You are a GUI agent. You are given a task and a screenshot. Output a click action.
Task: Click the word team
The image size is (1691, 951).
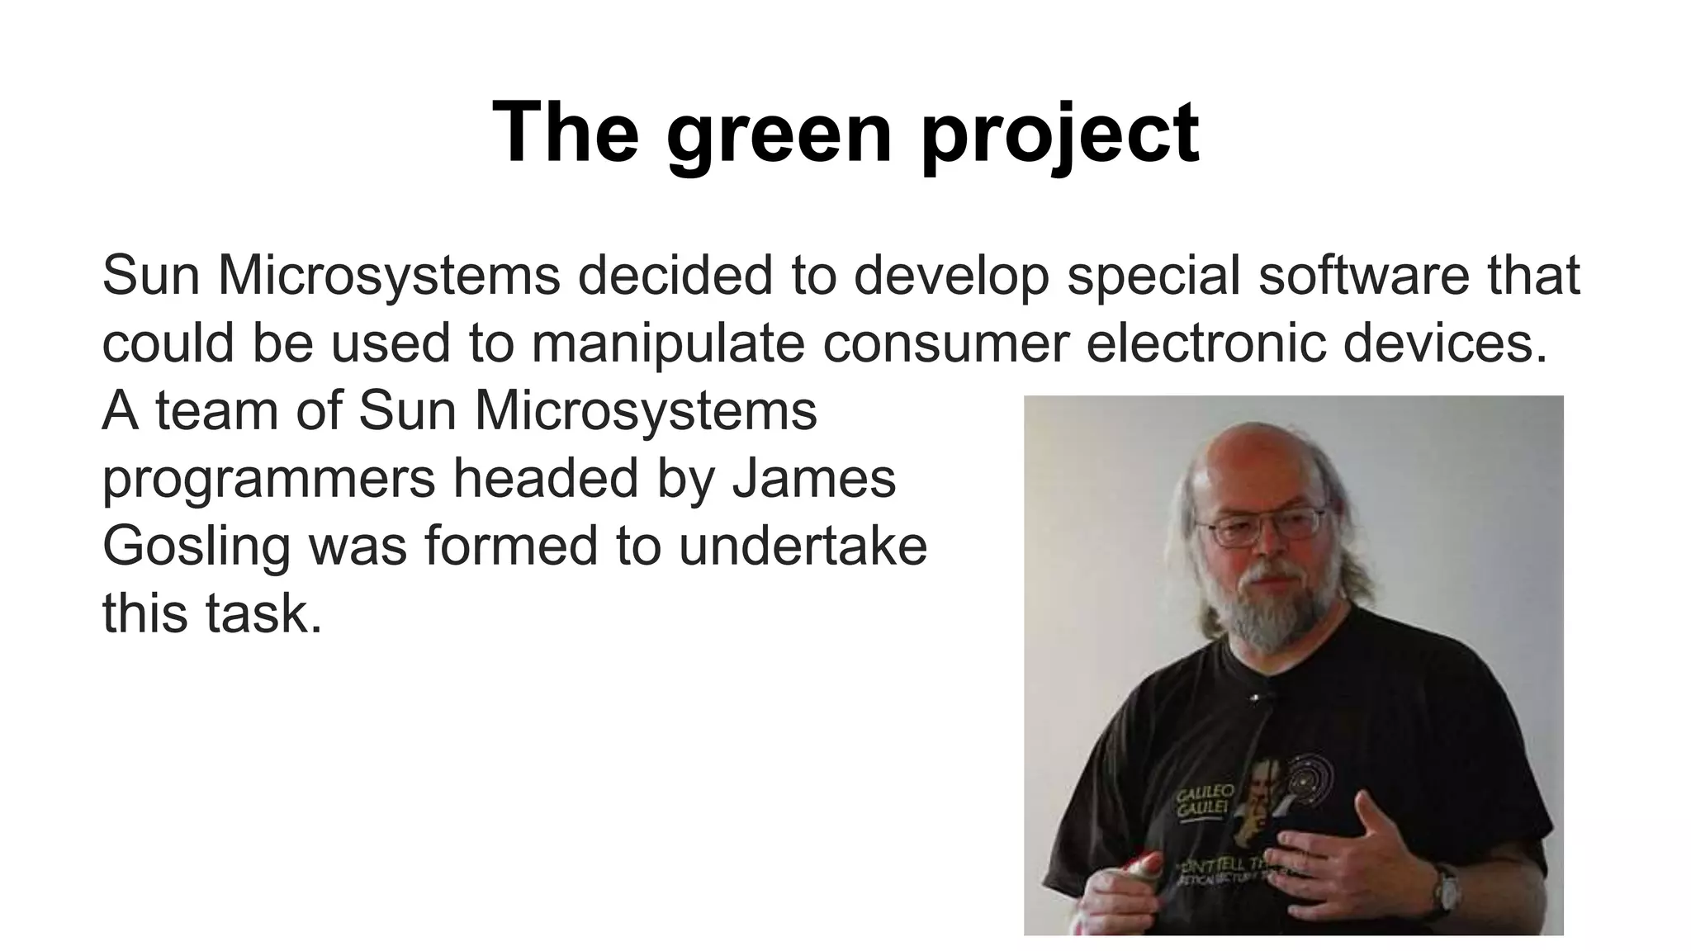point(217,410)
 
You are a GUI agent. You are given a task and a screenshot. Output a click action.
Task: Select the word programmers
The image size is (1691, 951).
point(268,478)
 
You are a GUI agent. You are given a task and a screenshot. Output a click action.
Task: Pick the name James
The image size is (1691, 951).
point(814,478)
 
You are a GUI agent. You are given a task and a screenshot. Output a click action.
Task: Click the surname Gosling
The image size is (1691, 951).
point(197,547)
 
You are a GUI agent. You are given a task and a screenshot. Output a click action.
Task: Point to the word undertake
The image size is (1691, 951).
point(803,546)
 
